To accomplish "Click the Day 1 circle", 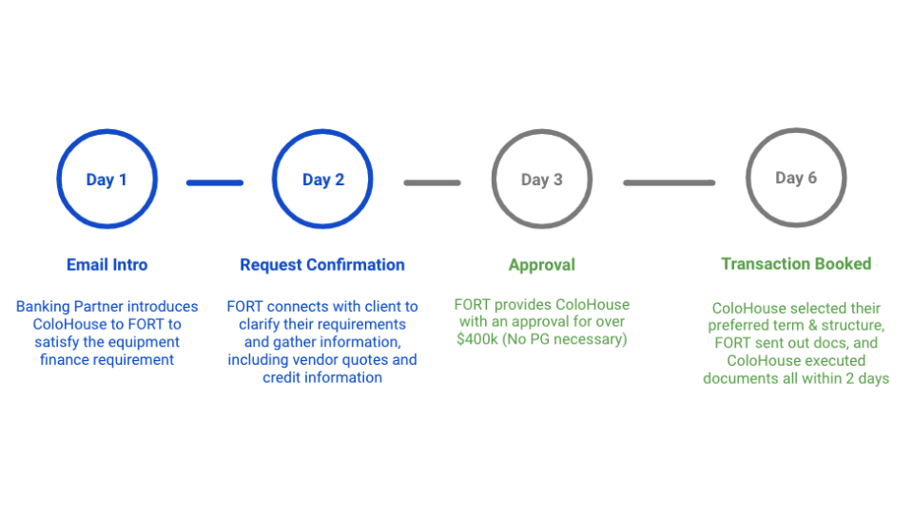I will coord(107,180).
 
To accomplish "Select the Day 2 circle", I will coord(322,180).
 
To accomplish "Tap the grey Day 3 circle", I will coord(541,180).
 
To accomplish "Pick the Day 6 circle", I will coord(795,178).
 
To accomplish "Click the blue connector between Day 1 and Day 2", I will coord(215,182).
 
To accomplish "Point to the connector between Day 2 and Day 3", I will coord(432,182).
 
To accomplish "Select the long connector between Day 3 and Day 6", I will coord(669,182).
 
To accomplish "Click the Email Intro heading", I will coord(107,265).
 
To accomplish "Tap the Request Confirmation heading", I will coord(322,265).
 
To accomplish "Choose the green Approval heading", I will coord(541,265).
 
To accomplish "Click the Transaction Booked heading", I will coord(795,263).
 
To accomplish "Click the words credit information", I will coord(322,378).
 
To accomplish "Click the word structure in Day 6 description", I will coord(852,326).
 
